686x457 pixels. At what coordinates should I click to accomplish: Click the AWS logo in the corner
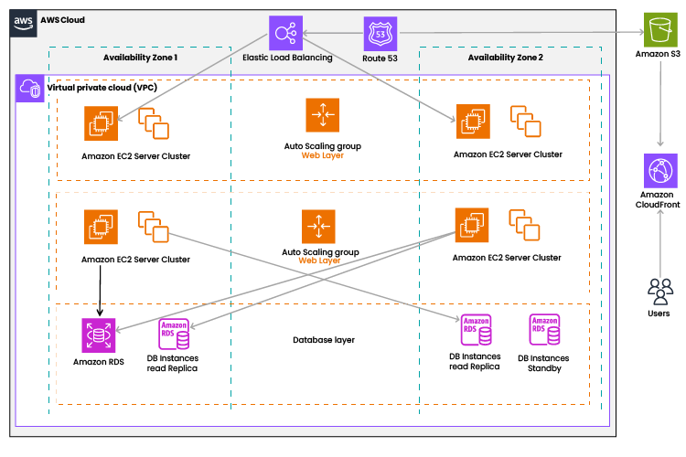tap(24, 20)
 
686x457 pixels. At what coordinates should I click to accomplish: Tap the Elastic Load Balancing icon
tap(284, 33)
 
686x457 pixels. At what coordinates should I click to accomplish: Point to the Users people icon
tap(659, 291)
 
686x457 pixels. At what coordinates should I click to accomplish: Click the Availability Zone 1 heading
tap(139, 58)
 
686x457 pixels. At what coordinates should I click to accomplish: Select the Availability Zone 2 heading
tap(505, 58)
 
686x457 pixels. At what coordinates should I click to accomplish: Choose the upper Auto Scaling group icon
tap(322, 114)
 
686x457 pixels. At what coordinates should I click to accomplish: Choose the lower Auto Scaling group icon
tap(322, 225)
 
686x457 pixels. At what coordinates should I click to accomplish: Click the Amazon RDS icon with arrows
tap(98, 335)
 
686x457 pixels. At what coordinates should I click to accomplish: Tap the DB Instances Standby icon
tap(543, 332)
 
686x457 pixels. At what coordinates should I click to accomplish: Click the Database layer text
tap(324, 340)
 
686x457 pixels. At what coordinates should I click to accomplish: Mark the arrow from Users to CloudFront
tap(661, 242)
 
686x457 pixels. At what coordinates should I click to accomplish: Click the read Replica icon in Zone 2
tap(475, 332)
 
